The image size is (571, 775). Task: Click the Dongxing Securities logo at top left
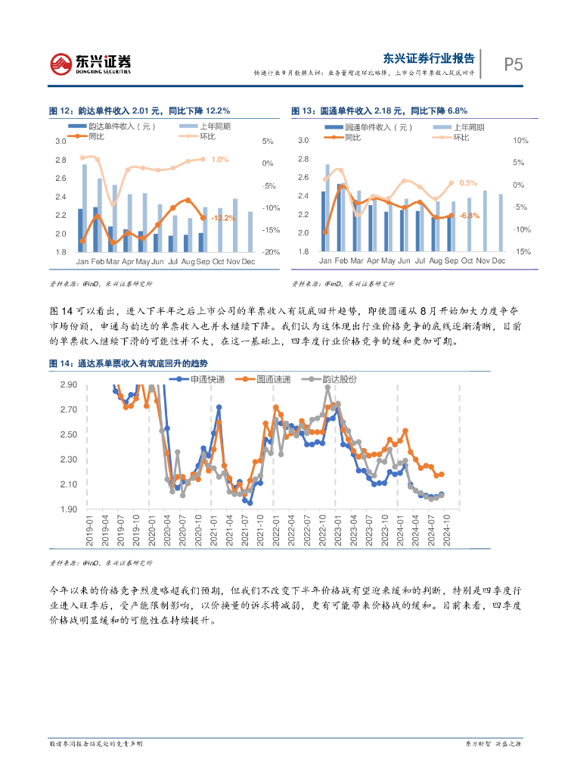91,64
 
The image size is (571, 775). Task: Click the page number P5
514,64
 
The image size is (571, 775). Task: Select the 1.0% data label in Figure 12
220,159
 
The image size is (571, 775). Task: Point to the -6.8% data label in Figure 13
469,216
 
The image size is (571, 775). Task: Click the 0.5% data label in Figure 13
468,183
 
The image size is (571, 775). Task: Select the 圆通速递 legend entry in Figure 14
264,378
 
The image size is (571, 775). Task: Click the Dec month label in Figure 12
250,261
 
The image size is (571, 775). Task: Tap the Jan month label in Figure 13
325,261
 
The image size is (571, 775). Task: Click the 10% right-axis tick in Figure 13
520,141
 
